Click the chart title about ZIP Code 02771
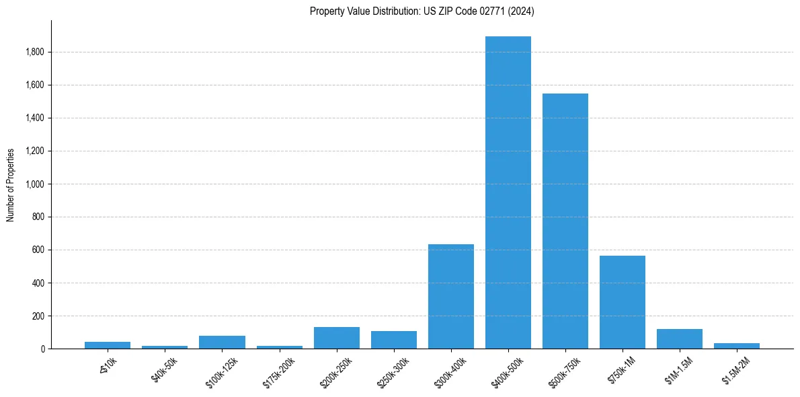(x=422, y=11)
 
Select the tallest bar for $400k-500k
(x=508, y=192)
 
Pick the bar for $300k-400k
(x=451, y=296)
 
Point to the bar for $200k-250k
(x=337, y=338)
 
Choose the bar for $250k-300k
(x=394, y=340)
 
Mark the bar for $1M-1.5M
(x=680, y=338)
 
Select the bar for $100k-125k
(x=222, y=342)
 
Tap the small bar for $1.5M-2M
(x=737, y=346)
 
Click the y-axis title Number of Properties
(x=11, y=184)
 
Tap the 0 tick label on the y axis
(x=42, y=349)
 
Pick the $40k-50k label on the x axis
(x=165, y=369)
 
